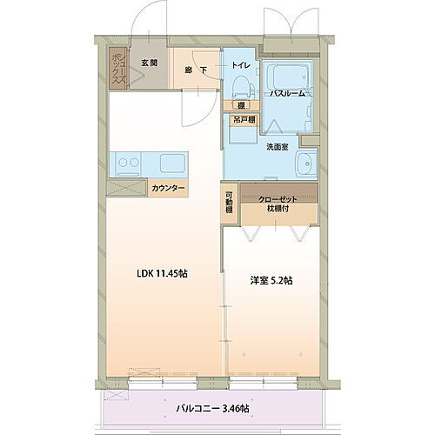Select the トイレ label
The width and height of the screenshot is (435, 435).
[x=240, y=65]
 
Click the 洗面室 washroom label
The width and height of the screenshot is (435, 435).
[x=277, y=147]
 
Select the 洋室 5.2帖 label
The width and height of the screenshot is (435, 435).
[x=271, y=280]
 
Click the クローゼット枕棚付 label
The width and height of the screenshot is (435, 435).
[x=278, y=204]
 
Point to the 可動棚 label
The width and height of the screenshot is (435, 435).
[x=229, y=203]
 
